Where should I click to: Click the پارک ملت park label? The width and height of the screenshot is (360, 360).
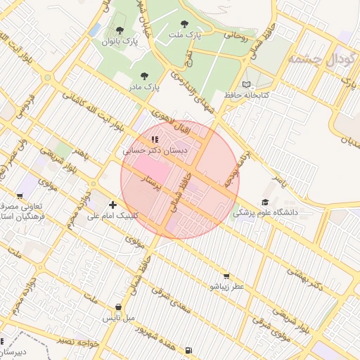pos(185,34)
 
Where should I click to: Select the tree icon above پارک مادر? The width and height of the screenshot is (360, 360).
pos(144,75)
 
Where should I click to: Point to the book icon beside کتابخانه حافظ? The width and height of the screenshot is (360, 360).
pos(245,84)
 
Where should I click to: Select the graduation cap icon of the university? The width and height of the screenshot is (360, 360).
pos(265,202)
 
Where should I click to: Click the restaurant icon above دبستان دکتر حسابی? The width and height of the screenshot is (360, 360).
pos(155,139)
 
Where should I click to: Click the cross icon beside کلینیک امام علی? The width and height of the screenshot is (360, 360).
pos(112,205)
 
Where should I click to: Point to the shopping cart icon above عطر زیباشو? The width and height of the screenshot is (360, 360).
pos(226,276)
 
